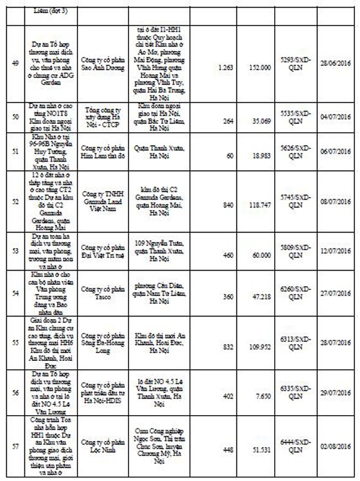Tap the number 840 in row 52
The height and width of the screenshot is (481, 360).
pos(224,203)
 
